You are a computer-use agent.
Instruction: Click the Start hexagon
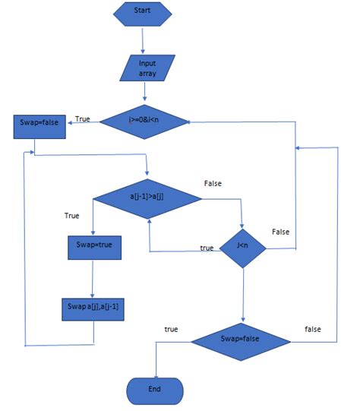click(x=143, y=13)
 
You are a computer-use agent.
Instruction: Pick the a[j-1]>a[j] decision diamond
click(x=147, y=199)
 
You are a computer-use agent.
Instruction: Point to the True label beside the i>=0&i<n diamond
click(x=82, y=119)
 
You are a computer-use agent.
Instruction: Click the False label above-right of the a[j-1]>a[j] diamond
click(x=213, y=184)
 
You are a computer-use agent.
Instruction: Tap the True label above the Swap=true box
click(x=71, y=217)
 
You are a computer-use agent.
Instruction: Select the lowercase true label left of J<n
click(x=207, y=248)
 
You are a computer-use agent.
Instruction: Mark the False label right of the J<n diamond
click(x=281, y=232)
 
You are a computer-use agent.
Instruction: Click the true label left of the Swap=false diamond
click(x=171, y=329)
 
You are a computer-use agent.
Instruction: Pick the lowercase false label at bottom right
click(x=312, y=329)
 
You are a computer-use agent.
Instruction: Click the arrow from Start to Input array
click(x=144, y=38)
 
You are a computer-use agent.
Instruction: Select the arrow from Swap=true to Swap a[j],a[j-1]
click(x=92, y=277)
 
